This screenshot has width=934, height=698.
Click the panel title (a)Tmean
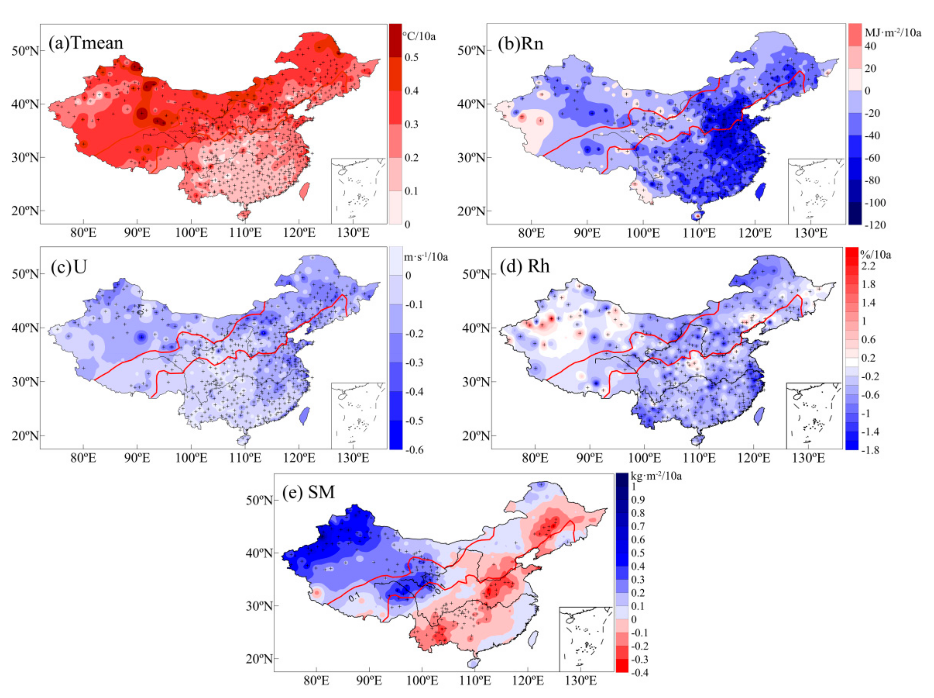click(86, 43)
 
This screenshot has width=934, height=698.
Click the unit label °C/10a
click(419, 36)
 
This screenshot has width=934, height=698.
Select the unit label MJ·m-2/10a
click(893, 32)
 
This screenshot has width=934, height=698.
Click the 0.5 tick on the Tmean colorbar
click(411, 57)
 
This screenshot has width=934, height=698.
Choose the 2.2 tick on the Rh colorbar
click(868, 266)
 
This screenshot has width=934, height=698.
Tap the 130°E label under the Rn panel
click(811, 233)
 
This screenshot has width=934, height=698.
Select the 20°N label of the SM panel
click(259, 659)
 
